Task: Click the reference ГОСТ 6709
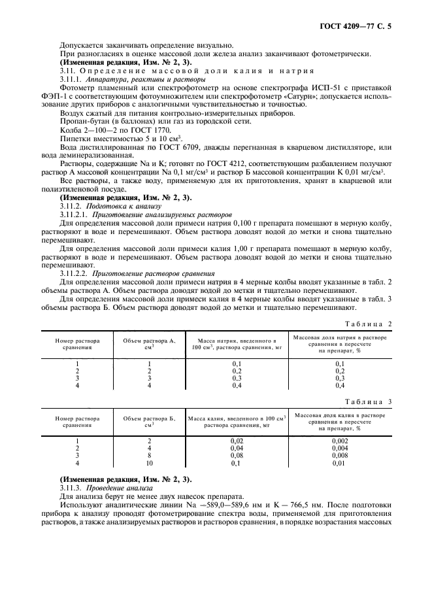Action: pos(169,148)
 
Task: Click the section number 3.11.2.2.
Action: pos(75,274)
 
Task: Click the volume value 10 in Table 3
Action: pos(150,463)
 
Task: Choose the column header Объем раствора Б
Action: pos(150,420)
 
